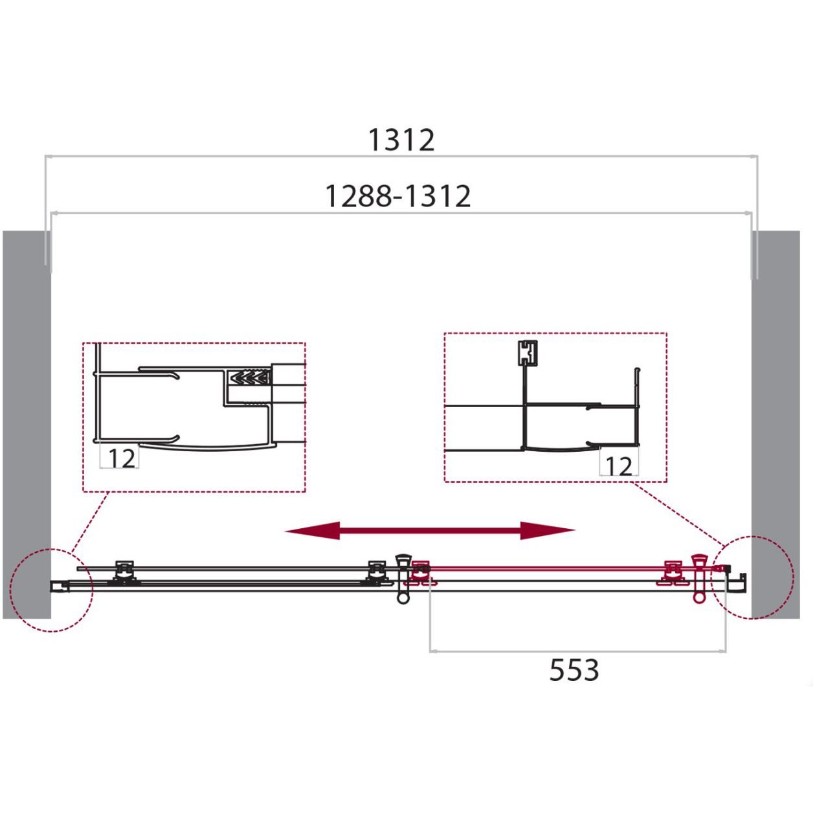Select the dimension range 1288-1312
397,195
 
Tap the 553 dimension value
574,670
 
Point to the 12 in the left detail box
122,458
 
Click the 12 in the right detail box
619,467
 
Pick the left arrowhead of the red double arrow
312,530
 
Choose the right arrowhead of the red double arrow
548,530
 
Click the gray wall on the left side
27,425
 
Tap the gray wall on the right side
776,425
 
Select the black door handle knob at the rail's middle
403,579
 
